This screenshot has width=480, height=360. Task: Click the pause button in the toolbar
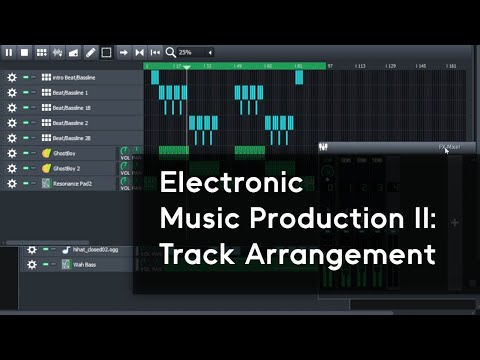[9, 52]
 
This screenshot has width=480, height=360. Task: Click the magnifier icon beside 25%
[171, 52]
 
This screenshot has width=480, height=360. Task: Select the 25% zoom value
[186, 52]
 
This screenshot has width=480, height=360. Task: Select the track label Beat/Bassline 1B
[72, 107]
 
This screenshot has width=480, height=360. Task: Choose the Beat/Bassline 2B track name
[72, 138]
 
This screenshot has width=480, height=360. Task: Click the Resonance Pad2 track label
[74, 184]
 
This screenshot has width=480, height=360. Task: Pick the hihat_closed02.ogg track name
[96, 249]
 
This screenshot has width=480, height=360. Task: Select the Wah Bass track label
[86, 264]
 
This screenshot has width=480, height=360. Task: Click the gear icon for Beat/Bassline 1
[11, 92]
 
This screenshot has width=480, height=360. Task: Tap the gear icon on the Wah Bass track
[32, 264]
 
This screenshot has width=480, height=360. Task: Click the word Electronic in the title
[231, 184]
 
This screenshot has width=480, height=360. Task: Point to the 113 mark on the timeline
[361, 66]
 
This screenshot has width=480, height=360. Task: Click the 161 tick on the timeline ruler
[451, 66]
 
